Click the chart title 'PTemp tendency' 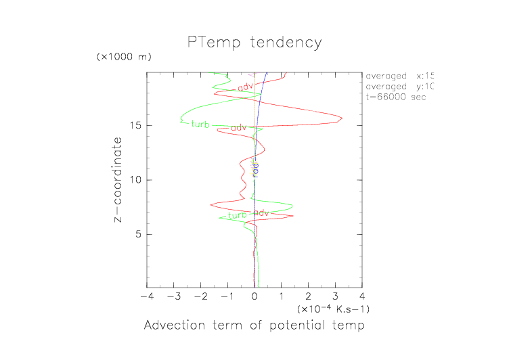(255, 43)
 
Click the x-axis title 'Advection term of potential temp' (255, 326)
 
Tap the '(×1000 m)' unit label (125, 58)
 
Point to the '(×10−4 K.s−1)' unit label (333, 309)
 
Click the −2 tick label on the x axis (199, 297)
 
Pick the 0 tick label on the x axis (255, 297)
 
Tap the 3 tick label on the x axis (335, 297)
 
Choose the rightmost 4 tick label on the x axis (362, 297)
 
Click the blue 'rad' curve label (255, 168)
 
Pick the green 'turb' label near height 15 (200, 125)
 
